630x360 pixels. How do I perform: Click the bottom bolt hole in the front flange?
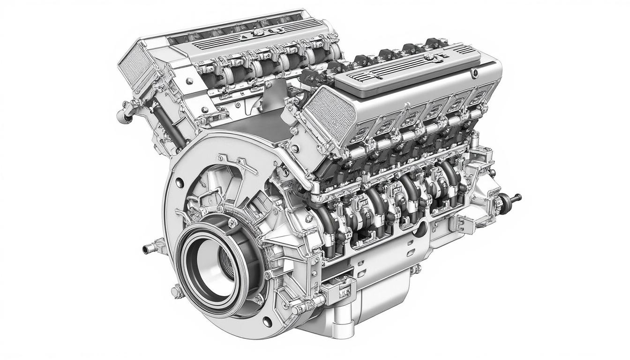coord(267,322)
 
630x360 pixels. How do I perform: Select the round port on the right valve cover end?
coord(475,73)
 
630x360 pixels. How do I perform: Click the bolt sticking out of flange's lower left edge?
coord(176,292)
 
